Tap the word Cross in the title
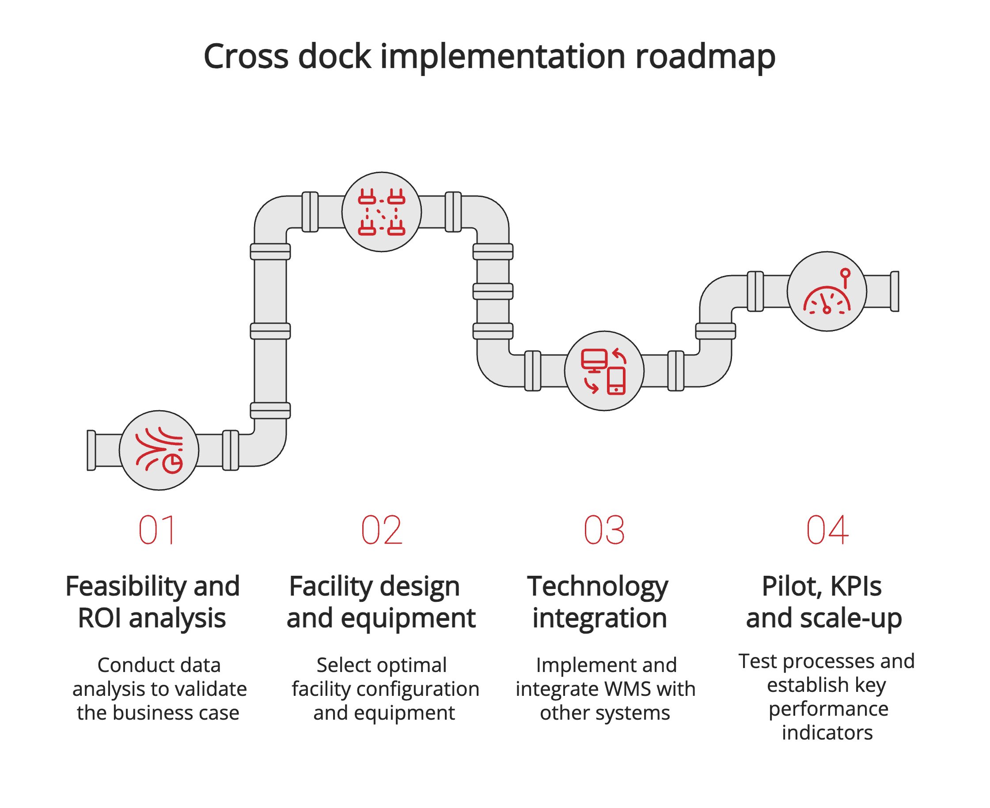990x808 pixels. [x=247, y=57]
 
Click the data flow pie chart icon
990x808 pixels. [x=159, y=450]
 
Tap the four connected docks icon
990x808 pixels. [x=381, y=212]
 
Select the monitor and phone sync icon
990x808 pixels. [x=604, y=371]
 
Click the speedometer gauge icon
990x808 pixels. [x=827, y=291]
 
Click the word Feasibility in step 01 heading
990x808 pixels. [x=126, y=586]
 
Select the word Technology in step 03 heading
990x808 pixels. [x=597, y=586]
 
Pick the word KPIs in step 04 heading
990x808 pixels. [x=855, y=586]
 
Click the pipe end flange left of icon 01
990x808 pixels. [x=91, y=450]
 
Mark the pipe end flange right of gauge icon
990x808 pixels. [x=895, y=291]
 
